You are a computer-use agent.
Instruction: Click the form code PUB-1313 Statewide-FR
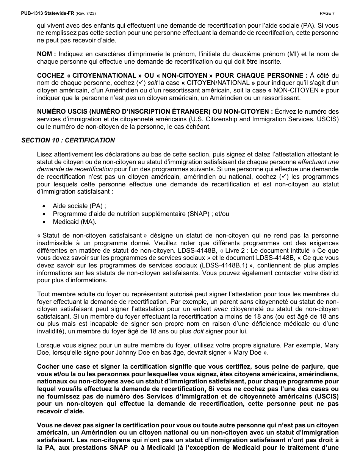(x=48, y=13)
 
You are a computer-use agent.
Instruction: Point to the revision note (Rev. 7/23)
(x=86, y=13)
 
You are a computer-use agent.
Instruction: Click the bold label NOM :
(x=46, y=54)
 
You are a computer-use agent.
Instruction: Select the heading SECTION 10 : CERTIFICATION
(x=68, y=140)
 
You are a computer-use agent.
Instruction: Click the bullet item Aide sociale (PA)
(x=79, y=206)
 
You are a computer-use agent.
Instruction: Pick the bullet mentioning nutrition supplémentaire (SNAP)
(x=141, y=214)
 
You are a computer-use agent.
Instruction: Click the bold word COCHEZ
(x=50, y=75)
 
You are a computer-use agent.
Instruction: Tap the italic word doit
(x=198, y=331)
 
